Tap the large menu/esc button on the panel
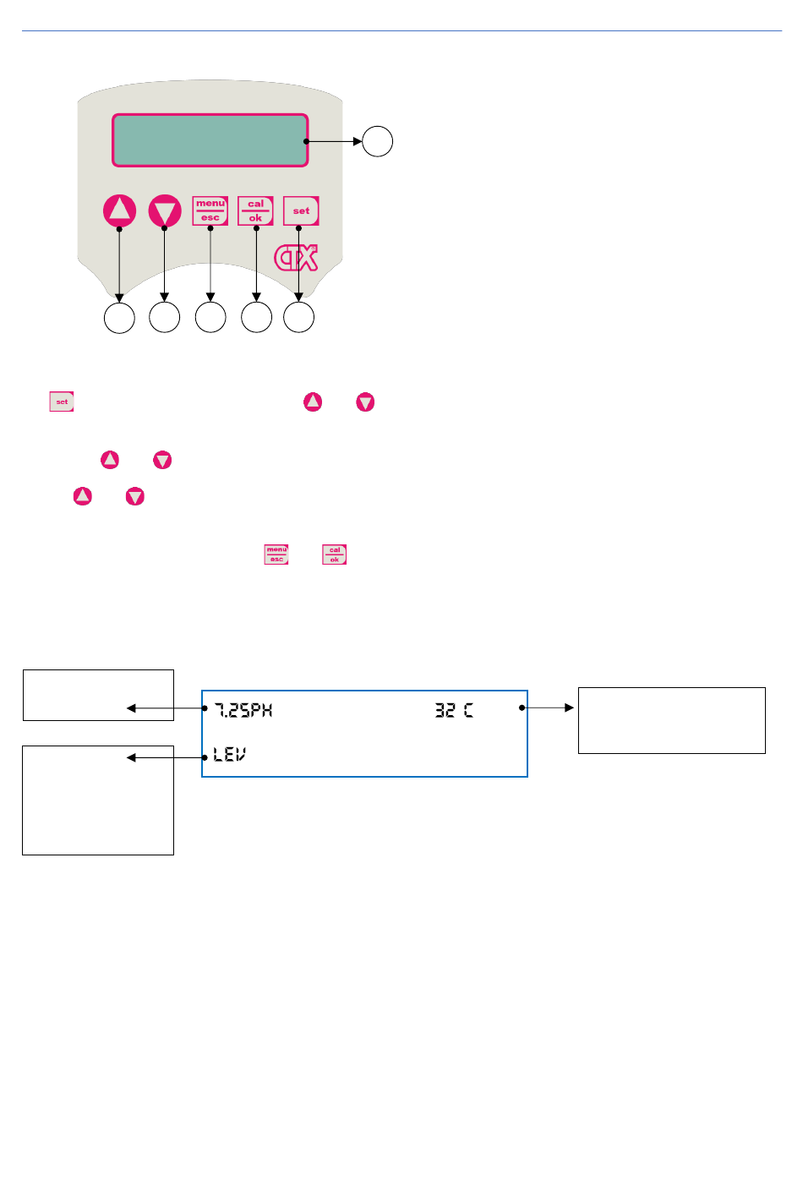(210, 210)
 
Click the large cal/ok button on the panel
(255, 210)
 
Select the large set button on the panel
(301, 210)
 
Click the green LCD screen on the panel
(210, 140)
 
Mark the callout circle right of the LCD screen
(378, 141)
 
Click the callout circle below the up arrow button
(119, 317)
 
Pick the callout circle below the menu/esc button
(210, 317)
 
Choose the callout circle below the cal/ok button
(256, 317)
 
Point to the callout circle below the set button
(298, 317)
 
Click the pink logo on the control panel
(296, 257)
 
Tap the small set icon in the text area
(62, 402)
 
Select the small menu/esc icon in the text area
(276, 554)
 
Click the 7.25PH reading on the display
(243, 710)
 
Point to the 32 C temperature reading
(454, 710)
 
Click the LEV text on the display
(229, 753)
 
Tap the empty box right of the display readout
(671, 720)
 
